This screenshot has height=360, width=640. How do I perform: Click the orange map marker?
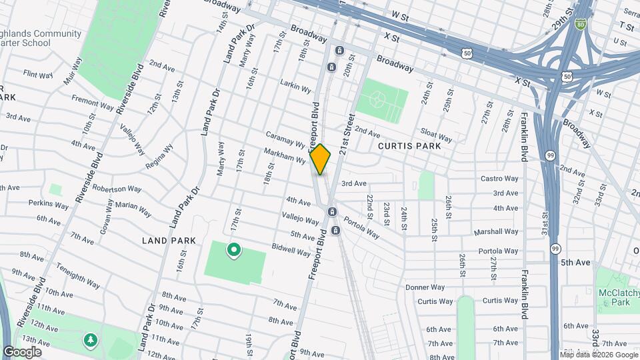click(321, 159)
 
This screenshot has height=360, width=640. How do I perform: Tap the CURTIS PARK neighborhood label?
click(409, 145)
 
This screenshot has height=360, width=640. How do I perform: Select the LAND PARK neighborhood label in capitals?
click(169, 240)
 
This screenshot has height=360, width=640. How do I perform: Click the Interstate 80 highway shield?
click(581, 24)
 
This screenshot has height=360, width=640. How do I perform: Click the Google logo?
click(22, 351)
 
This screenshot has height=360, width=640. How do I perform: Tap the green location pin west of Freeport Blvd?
click(234, 251)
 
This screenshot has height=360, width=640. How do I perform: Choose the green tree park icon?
click(89, 340)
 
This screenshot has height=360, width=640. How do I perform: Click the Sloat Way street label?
click(435, 136)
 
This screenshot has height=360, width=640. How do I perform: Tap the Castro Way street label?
click(499, 179)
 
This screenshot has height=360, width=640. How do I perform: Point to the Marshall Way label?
click(496, 232)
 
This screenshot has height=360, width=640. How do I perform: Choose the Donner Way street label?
click(425, 287)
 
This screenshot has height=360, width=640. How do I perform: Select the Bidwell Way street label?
click(291, 249)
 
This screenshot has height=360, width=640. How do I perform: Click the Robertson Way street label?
click(117, 189)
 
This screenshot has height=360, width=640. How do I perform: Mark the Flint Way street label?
click(38, 74)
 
